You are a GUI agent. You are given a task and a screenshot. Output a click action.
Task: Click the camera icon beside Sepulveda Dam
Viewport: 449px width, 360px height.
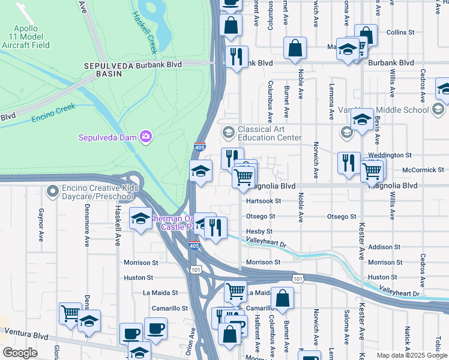coord(145,137)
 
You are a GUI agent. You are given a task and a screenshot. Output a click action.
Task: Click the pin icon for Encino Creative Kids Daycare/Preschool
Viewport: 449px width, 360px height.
coord(52,191)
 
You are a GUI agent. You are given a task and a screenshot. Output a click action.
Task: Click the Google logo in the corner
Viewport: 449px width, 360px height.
coord(20,353)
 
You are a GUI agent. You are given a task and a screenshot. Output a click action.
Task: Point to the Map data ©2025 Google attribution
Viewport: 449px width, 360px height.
coord(412,355)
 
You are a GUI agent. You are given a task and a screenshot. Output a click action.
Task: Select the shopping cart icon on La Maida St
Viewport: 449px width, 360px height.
coord(235,292)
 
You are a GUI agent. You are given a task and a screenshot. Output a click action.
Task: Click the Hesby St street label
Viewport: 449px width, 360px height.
coord(259,231)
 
